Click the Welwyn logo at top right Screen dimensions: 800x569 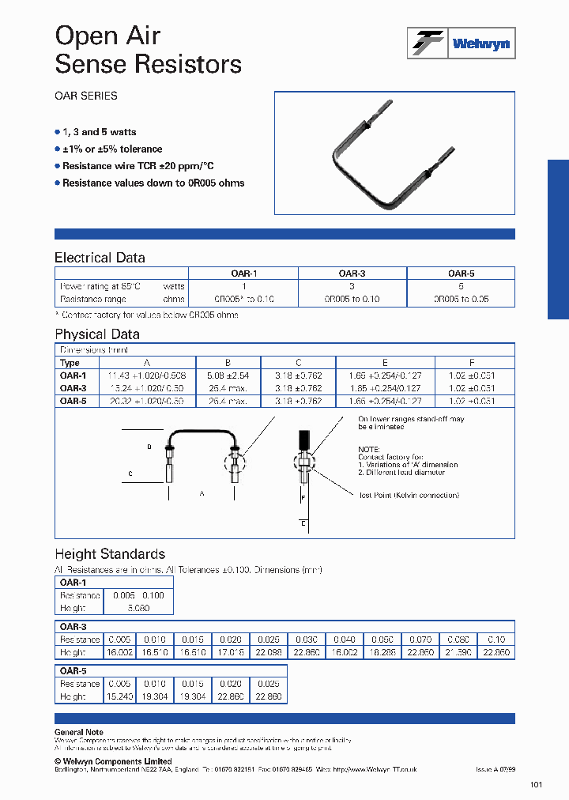click(461, 43)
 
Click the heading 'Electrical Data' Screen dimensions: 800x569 click(100, 258)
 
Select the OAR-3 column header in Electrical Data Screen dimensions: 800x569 click(352, 273)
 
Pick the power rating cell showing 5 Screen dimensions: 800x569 click(461, 286)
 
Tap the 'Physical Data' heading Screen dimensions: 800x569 click(96, 334)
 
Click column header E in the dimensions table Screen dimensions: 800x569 click(385, 363)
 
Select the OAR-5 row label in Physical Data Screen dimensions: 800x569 click(73, 401)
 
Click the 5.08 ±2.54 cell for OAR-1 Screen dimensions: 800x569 click(228, 375)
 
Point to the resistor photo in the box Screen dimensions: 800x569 click(394, 153)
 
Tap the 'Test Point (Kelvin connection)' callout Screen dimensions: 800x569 click(408, 495)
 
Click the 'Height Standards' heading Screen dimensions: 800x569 click(109, 554)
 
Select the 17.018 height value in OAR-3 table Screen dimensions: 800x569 click(231, 653)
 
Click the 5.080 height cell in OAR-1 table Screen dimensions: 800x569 click(138, 608)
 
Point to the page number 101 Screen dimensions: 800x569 click(537, 785)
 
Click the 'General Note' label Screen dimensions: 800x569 click(78, 732)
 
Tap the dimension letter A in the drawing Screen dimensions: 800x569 click(202, 493)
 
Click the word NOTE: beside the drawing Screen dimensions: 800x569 click(369, 448)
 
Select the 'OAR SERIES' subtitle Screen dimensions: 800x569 click(86, 96)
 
